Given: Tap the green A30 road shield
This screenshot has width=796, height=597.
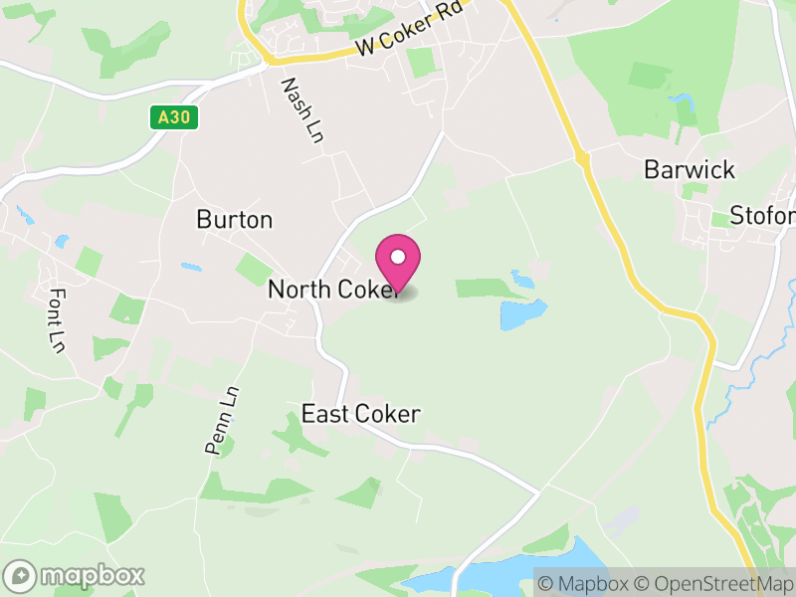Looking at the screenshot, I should [x=175, y=118].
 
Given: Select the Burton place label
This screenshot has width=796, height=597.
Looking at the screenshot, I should [x=235, y=219].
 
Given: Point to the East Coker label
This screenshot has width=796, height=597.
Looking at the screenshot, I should [x=361, y=414].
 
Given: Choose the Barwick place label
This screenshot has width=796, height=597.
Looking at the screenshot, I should [x=690, y=169].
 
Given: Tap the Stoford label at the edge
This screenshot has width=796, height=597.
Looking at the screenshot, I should [x=762, y=216].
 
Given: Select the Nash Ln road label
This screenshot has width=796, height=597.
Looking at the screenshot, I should [x=302, y=111].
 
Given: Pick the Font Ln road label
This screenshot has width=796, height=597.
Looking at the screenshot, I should [x=57, y=319].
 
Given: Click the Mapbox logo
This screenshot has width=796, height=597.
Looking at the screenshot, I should [x=76, y=575].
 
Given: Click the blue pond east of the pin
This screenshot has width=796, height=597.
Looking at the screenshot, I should [x=523, y=314].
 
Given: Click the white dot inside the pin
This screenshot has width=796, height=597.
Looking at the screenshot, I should [x=398, y=257].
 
